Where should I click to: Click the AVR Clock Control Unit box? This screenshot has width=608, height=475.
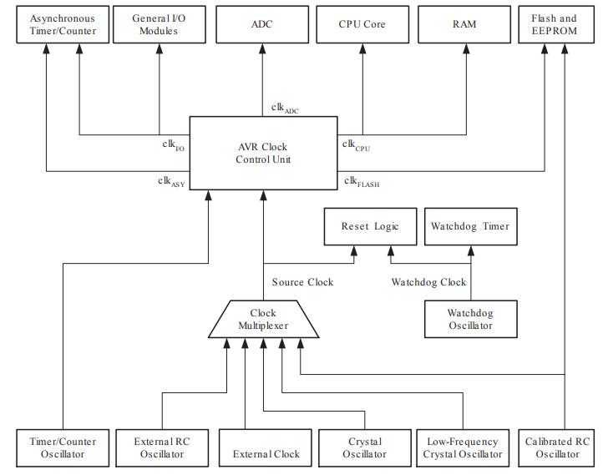[x=262, y=153]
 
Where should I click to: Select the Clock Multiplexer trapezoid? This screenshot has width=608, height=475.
[x=262, y=320]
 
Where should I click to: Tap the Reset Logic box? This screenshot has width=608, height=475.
[x=370, y=226]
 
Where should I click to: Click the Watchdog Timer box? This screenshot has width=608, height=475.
[x=469, y=226]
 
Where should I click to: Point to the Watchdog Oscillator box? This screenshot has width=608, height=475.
[x=469, y=319]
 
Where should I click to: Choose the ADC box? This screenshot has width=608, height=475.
[x=261, y=24]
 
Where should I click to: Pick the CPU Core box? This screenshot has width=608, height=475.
[x=362, y=24]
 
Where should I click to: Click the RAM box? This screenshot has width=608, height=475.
[x=464, y=24]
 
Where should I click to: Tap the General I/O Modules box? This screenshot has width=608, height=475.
[x=160, y=24]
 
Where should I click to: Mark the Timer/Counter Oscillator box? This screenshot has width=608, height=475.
[x=63, y=447]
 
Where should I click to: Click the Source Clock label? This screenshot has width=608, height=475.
[x=302, y=282]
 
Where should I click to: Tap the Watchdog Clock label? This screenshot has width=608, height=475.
[x=428, y=282]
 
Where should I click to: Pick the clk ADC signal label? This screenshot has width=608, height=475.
[x=285, y=108]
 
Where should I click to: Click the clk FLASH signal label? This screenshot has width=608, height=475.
[x=362, y=181]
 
